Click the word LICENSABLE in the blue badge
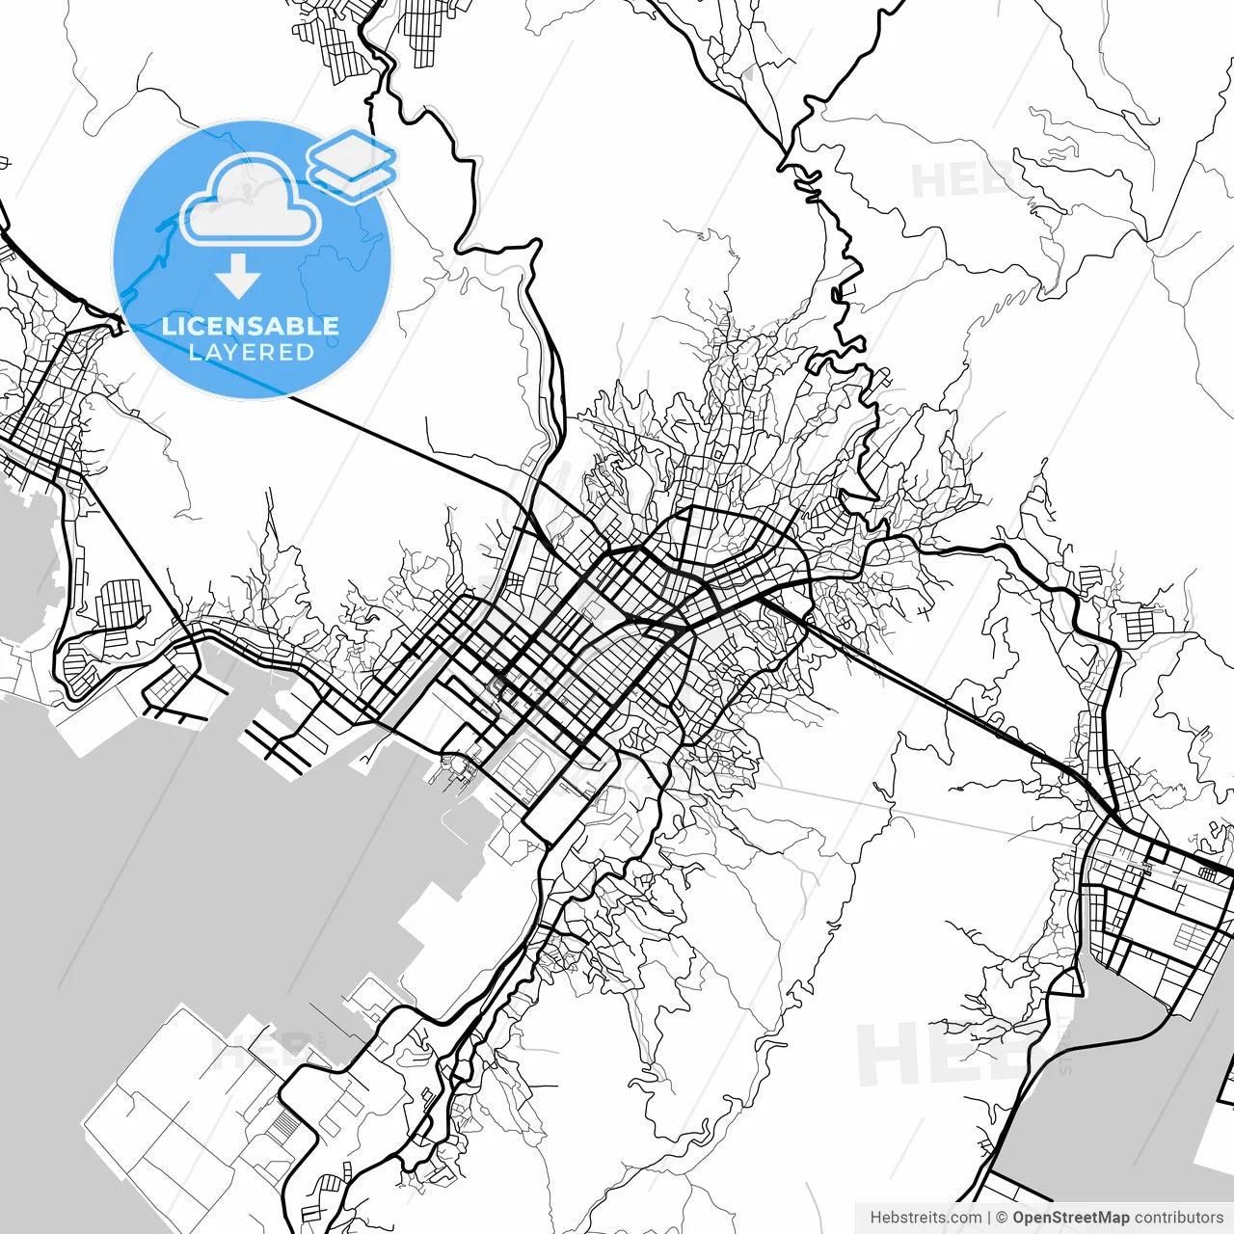[251, 326]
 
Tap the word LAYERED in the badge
[251, 353]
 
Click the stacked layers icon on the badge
[352, 165]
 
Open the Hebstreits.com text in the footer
[925, 1218]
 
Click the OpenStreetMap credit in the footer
[1071, 1218]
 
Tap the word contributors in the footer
[1178, 1218]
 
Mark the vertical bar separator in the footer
[989, 1218]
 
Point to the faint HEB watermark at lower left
[255, 1051]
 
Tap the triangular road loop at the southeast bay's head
[1064, 982]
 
